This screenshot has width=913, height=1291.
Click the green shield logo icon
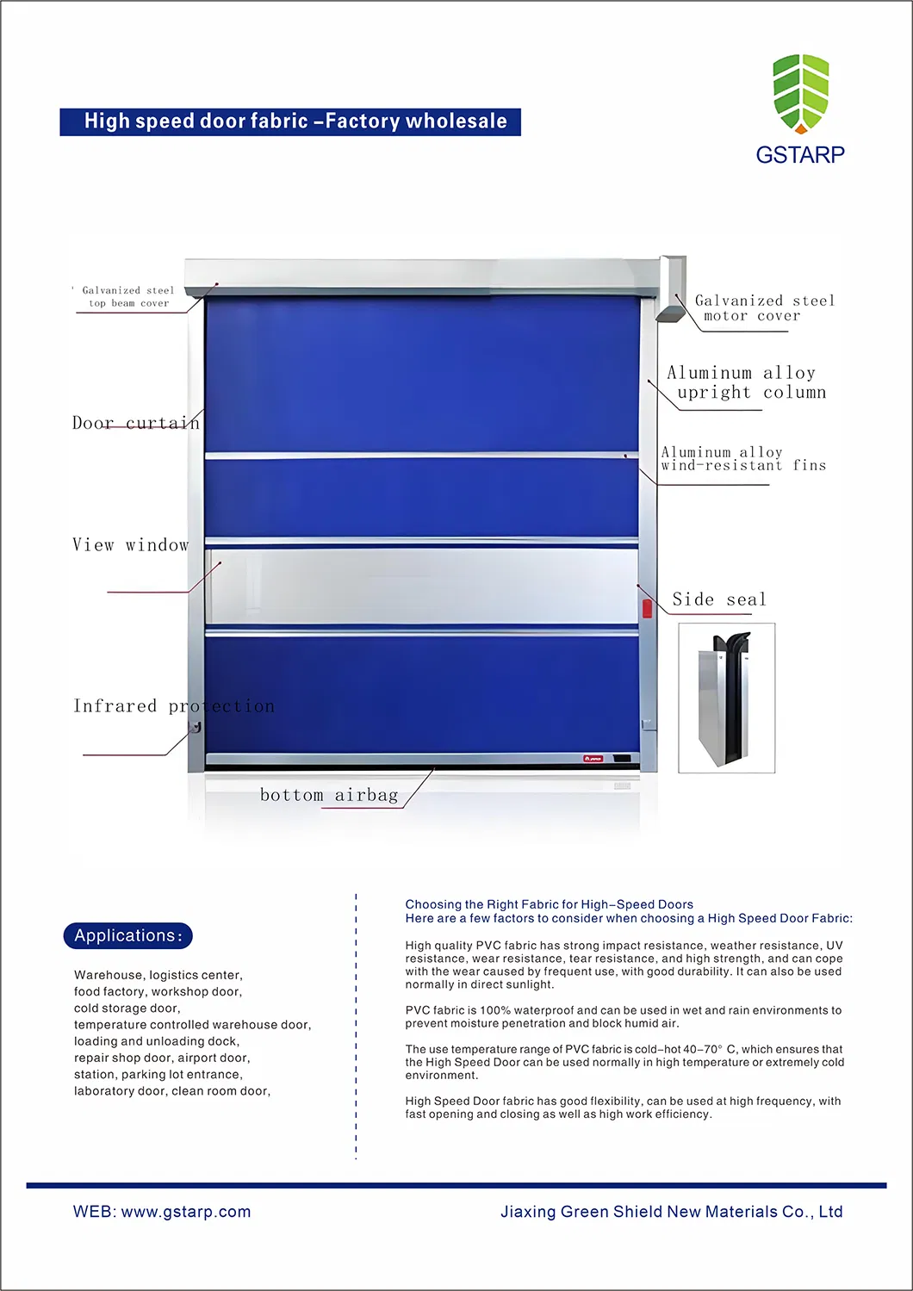800,93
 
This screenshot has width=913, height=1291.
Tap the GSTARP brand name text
800,154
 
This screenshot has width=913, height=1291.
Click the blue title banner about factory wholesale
290,121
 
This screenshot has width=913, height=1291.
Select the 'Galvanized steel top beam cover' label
128,296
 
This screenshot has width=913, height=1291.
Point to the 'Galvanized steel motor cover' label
764,307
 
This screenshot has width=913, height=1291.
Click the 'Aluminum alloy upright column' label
746,382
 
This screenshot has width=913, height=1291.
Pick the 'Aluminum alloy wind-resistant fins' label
742,458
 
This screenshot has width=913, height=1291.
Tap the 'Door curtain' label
135,423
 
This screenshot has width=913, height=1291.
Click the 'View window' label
130,545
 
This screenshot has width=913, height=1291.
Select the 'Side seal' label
718,599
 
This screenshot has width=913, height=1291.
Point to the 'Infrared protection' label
173,706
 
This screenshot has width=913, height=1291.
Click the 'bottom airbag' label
329,795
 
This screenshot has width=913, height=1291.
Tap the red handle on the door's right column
647,609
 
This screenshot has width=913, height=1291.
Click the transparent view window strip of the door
422,586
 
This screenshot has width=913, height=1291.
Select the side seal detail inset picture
726,698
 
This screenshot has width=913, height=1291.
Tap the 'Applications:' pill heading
127,936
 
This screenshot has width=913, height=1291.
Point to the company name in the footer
671,1212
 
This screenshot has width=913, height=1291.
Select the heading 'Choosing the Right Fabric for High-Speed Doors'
549,904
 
